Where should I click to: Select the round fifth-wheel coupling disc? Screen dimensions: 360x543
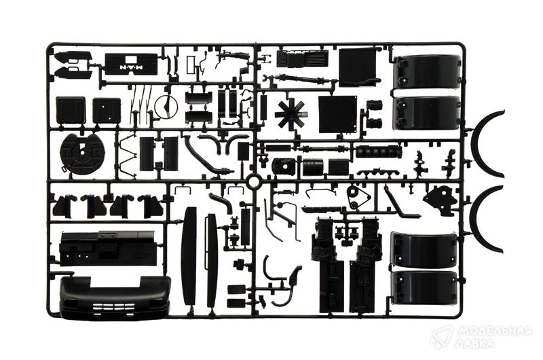tap(81, 154)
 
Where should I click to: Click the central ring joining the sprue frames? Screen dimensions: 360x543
tap(253, 181)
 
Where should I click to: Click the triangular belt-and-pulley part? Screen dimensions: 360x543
tap(356, 196)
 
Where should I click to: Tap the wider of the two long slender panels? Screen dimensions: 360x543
tap(189, 255)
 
